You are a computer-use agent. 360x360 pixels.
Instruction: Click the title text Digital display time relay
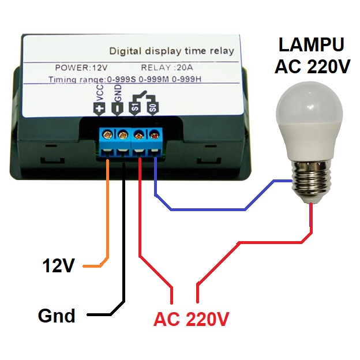point(171,51)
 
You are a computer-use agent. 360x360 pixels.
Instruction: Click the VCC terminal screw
point(107,134)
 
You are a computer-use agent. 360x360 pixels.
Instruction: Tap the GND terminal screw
point(123,134)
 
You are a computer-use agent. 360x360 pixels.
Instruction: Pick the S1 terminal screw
point(139,134)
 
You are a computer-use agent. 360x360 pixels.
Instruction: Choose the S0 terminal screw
point(155,134)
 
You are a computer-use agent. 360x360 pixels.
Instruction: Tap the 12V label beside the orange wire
point(58,266)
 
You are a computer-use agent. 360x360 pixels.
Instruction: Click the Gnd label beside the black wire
point(57,316)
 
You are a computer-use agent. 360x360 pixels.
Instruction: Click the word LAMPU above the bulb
point(312,44)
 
